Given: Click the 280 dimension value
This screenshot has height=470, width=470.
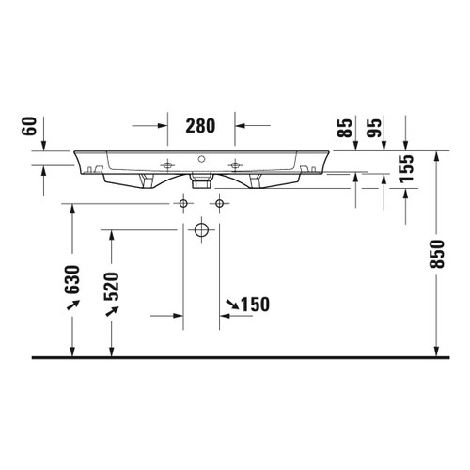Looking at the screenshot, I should point(200,125).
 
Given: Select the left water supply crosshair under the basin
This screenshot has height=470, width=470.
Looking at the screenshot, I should point(182,203).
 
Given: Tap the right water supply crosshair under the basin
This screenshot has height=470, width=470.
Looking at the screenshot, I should point(220,203).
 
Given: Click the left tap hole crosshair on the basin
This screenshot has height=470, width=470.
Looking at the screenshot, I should point(168,164).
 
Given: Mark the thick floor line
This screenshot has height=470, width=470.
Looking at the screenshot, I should point(235,358).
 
